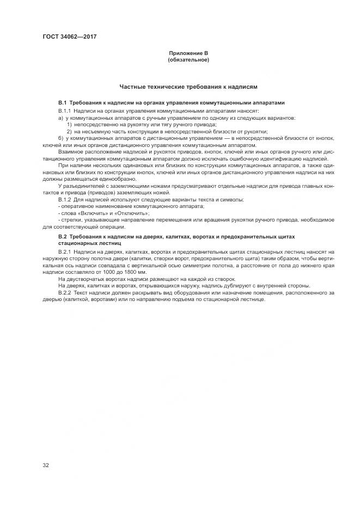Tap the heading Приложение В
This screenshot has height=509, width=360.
click(x=188, y=53)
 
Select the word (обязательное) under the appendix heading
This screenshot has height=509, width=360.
click(x=188, y=59)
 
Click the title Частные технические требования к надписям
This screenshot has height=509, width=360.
click(x=188, y=87)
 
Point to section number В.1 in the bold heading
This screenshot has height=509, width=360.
click(x=62, y=103)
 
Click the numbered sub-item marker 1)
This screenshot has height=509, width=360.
click(x=69, y=125)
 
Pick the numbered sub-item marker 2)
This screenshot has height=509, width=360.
click(x=69, y=131)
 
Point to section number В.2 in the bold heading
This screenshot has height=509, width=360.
click(x=62, y=237)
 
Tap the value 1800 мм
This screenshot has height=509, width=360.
click(x=133, y=272)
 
